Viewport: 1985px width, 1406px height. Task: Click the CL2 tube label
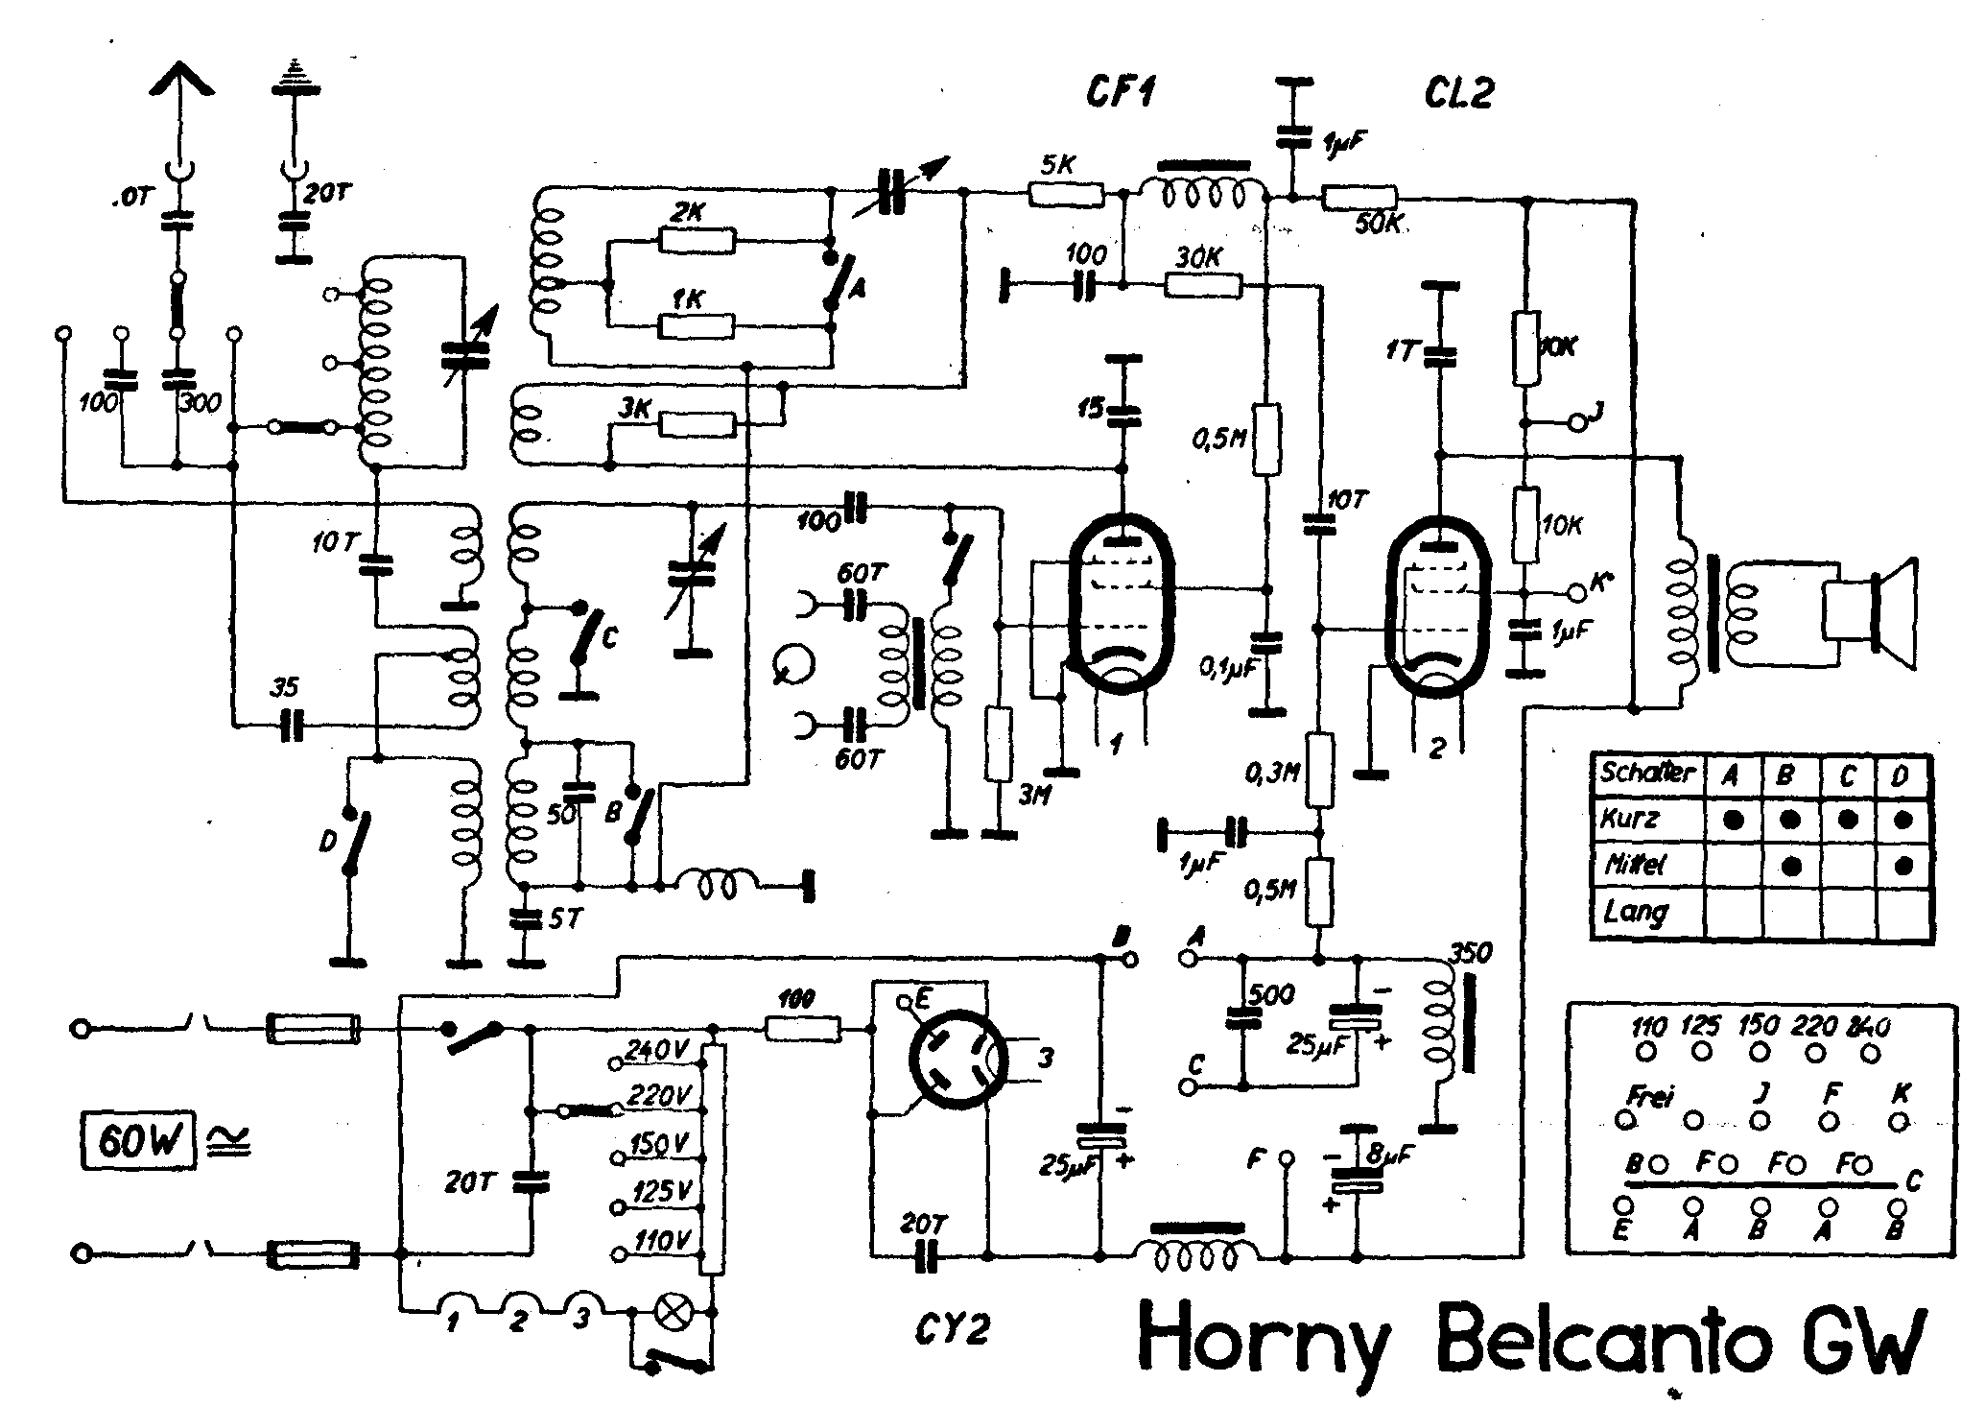1457,94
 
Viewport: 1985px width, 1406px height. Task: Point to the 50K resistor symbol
1359,198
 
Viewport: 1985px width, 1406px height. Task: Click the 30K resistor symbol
1203,285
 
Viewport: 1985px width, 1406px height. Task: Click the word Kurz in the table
1630,819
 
